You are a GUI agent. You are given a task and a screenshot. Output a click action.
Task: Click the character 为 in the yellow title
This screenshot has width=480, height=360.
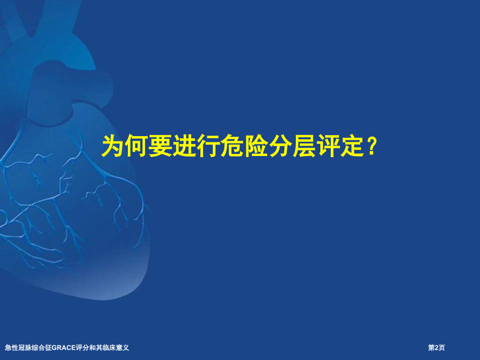point(113,147)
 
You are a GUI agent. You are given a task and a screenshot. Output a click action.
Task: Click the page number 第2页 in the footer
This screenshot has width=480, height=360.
point(437,347)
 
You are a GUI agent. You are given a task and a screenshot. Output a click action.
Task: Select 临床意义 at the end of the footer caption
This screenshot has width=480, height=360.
point(116,347)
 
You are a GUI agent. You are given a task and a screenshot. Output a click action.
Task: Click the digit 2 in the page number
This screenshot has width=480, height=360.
point(437,347)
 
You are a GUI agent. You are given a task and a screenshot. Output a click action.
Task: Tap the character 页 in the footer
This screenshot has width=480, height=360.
point(442,347)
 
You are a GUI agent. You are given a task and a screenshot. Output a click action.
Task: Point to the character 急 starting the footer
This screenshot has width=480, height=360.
point(7,347)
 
